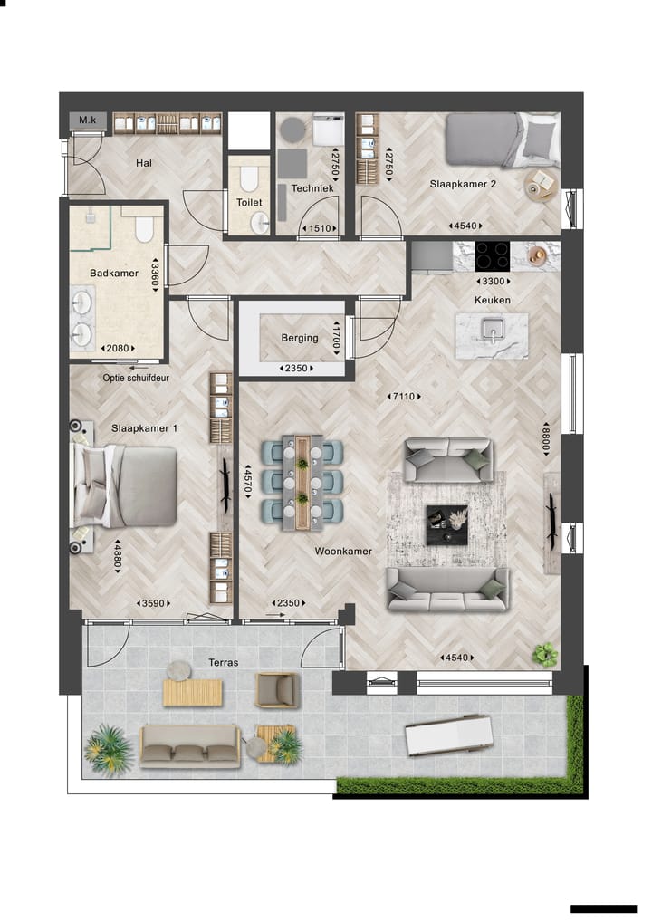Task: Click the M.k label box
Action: click(87, 120)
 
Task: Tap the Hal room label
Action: click(143, 163)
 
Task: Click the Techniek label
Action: click(309, 189)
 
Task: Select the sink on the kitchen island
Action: click(492, 331)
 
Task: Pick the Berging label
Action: click(300, 338)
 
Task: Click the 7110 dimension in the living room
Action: click(404, 396)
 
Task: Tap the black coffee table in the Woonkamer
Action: click(446, 524)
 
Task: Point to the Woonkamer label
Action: click(343, 551)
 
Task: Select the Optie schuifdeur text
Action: click(136, 379)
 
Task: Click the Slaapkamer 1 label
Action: click(145, 427)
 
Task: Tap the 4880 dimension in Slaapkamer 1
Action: click(117, 555)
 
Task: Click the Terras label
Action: click(222, 662)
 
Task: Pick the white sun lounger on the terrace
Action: click(449, 734)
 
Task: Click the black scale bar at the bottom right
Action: click(603, 908)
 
